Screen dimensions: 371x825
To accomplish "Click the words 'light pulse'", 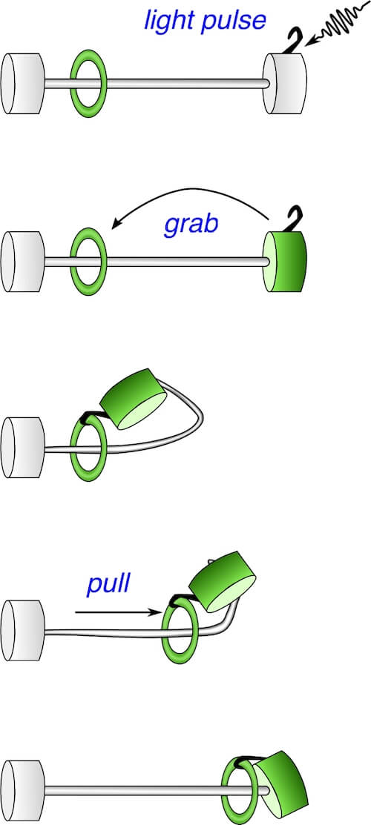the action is pos(205,21).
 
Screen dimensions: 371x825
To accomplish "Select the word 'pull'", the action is pos(108,585).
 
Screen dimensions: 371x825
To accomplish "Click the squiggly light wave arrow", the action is pos(337,25).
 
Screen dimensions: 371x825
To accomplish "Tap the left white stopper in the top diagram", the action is pos(23,83).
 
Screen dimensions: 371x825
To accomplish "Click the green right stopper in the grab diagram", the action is pos(285,262).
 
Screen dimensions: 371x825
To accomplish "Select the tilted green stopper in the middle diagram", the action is pos(134,399).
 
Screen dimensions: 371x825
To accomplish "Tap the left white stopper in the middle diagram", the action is pos(23,447).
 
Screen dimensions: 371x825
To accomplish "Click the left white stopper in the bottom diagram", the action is pos(23,790).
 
